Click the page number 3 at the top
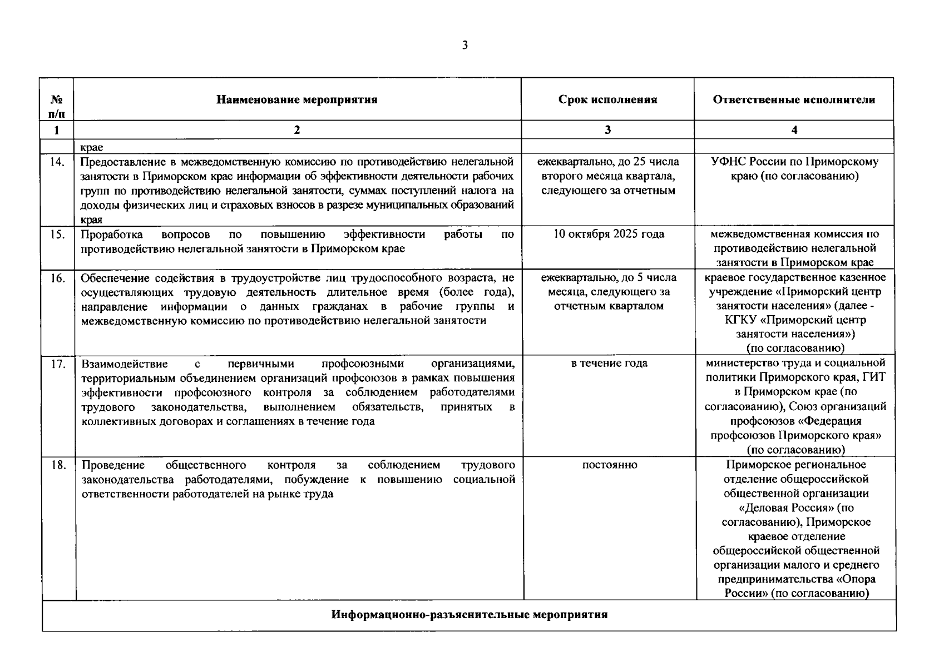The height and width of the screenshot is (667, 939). pos(464,46)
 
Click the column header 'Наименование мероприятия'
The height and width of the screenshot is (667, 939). pos(296,100)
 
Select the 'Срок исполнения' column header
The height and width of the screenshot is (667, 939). pos(607,100)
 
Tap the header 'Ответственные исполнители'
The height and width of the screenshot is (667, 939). pos(794,100)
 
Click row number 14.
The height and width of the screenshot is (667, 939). pos(57,162)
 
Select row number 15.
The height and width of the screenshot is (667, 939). pos(57,235)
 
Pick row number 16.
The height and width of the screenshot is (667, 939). pos(57,278)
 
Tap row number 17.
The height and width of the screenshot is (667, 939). pos(57,364)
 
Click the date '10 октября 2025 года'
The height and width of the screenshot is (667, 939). pos(609,234)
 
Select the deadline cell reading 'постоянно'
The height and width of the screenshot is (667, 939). pos(610,465)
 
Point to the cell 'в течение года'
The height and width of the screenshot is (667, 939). pos(609,364)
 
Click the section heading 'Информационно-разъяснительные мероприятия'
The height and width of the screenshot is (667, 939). pos(469,615)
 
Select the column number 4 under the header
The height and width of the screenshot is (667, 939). pos(794,130)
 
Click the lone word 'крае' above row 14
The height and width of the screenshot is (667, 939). pos(92,148)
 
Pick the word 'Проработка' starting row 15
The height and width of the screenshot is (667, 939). pos(111,235)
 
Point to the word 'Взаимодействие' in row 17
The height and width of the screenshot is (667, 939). pos(125,364)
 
